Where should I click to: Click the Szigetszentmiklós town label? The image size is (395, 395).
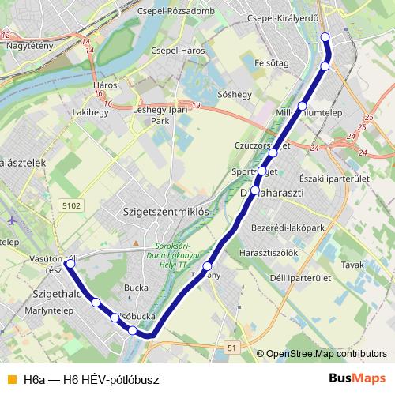[x=166, y=212]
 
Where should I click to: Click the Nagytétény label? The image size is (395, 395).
[x=30, y=45]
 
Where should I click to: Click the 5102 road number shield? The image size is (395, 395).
[x=70, y=205]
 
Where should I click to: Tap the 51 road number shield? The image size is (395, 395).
[x=231, y=347]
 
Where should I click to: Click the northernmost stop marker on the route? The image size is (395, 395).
[x=325, y=37]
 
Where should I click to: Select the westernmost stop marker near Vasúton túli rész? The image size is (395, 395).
[x=70, y=265]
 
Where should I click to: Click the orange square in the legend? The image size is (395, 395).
[x=11, y=379]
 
